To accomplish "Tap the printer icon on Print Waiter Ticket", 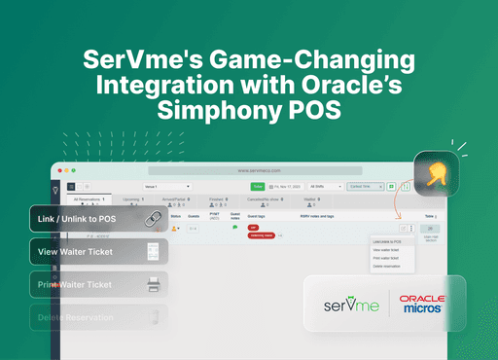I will click(153, 284).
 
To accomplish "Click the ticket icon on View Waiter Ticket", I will click(152, 252).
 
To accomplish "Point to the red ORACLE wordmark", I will click(423, 298).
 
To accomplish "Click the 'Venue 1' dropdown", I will click(167, 185).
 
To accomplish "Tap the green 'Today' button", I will click(258, 185).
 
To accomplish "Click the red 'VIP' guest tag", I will click(253, 227).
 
